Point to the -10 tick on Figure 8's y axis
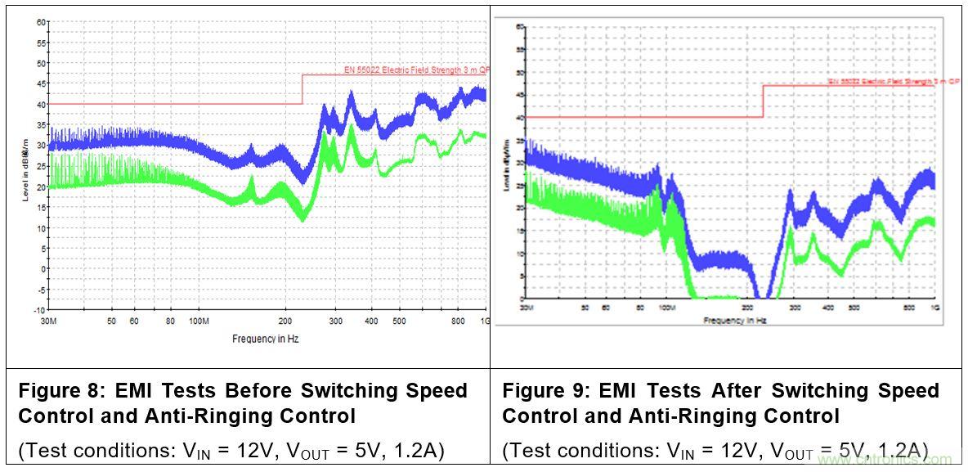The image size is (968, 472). point(39,311)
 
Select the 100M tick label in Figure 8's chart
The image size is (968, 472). point(199,321)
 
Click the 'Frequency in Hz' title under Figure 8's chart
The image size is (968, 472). point(265,339)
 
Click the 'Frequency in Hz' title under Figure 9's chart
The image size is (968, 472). point(735,321)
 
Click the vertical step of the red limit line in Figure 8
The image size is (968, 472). point(302,89)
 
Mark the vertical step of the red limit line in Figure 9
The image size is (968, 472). point(763,101)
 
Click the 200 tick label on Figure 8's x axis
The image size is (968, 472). point(286,321)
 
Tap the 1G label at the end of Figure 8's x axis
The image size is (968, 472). point(486,321)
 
